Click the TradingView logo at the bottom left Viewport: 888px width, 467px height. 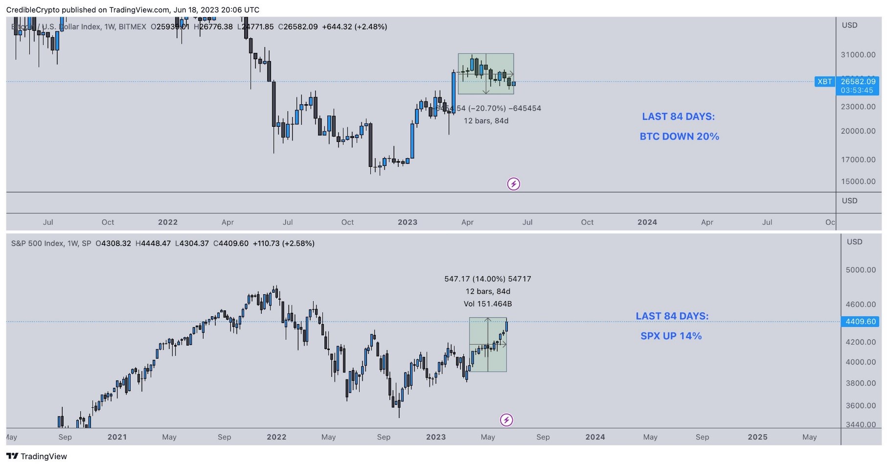[37, 456]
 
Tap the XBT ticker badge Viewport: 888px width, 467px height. [824, 82]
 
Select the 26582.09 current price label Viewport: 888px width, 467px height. [858, 82]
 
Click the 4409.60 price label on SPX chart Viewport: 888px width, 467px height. [860, 322]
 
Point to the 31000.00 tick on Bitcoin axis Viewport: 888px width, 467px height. [858, 55]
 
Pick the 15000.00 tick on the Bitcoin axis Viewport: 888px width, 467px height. [858, 181]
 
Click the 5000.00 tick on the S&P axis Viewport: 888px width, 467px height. [860, 270]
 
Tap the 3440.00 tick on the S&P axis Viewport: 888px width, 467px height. [860, 424]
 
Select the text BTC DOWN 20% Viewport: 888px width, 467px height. [679, 137]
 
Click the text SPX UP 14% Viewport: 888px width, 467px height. [671, 336]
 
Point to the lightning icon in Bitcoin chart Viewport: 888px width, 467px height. [513, 184]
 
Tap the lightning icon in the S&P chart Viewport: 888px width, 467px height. [506, 420]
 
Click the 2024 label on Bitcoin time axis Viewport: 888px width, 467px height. [647, 222]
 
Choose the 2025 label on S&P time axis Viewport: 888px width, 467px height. [757, 437]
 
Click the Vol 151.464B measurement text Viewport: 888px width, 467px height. [487, 304]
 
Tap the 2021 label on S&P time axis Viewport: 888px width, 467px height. [117, 437]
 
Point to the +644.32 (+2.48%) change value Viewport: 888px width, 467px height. [354, 27]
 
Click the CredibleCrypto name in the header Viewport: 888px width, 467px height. [33, 10]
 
